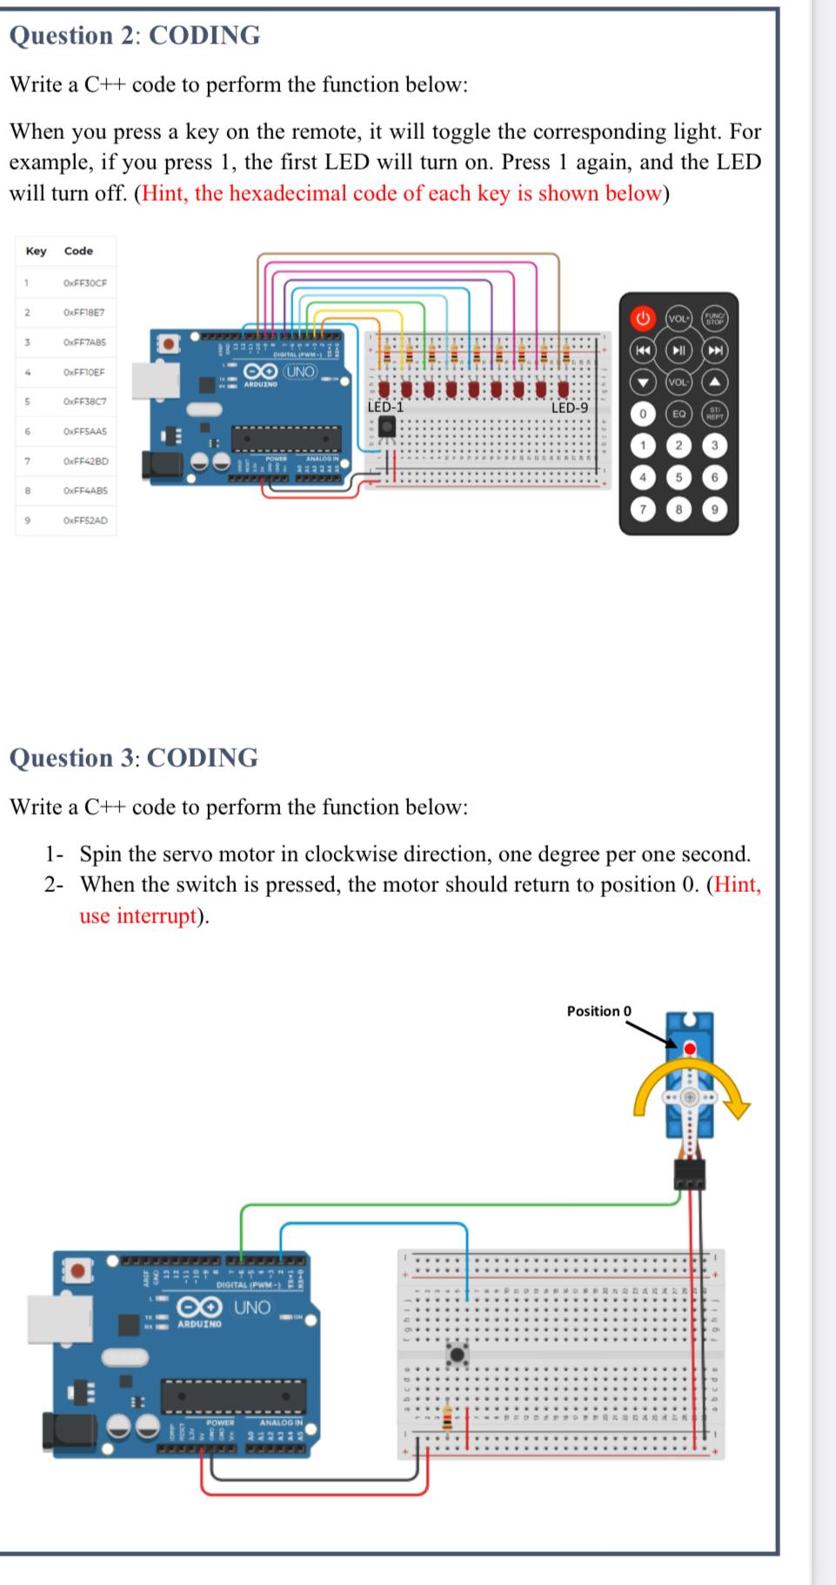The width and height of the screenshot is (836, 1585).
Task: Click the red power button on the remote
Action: click(643, 318)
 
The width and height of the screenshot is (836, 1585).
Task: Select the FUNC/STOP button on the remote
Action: click(714, 318)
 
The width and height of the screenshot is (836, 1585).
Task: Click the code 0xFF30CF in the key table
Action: click(84, 283)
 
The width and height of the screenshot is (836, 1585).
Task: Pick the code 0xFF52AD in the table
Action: click(85, 521)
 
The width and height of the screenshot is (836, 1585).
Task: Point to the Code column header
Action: click(78, 251)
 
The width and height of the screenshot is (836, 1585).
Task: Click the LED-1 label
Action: click(385, 407)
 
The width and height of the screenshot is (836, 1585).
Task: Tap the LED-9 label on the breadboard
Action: click(570, 408)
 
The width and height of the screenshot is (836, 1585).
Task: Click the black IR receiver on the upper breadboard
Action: click(386, 426)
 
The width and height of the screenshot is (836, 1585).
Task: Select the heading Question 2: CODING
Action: click(135, 36)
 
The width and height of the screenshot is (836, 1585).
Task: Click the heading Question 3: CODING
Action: click(134, 758)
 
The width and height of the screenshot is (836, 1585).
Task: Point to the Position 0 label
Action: click(599, 1011)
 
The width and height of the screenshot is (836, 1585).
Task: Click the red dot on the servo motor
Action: click(690, 1049)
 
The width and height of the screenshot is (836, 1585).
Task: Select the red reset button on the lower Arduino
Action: click(78, 1272)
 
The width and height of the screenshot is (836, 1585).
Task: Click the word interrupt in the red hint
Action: click(156, 916)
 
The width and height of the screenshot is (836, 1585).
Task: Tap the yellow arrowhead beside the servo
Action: click(740, 1108)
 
